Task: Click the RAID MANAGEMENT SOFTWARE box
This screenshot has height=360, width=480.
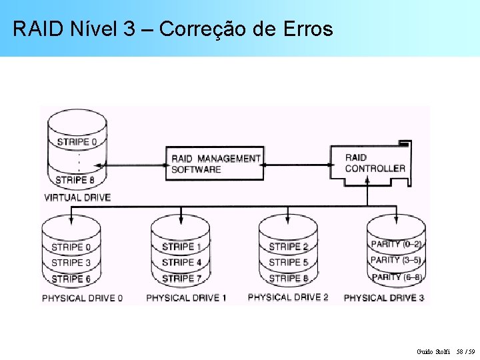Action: click(x=214, y=163)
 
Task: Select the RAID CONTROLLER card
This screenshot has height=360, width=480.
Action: click(x=373, y=163)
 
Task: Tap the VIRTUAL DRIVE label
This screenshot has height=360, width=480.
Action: click(x=77, y=197)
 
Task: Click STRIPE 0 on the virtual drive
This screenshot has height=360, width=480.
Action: click(x=77, y=142)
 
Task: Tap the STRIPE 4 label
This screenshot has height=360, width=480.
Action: click(x=181, y=263)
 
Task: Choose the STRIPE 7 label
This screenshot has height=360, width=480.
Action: click(x=181, y=279)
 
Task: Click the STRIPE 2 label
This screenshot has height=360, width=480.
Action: click(x=289, y=247)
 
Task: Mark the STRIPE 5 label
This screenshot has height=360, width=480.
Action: click(x=289, y=263)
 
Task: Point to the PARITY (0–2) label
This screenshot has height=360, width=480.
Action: click(x=396, y=244)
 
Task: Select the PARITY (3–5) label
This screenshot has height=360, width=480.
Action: click(x=396, y=260)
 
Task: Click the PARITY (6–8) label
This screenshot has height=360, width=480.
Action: click(x=396, y=277)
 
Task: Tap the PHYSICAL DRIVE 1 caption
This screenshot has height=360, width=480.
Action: click(x=186, y=297)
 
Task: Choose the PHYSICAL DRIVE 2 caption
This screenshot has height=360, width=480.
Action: click(x=288, y=297)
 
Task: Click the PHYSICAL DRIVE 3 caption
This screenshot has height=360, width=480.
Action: click(x=384, y=297)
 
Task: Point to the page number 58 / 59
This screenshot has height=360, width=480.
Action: click(x=470, y=351)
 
